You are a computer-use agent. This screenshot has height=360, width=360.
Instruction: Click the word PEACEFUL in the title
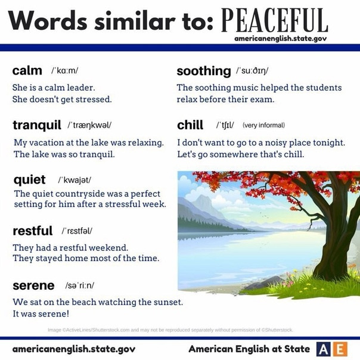click(x=275, y=20)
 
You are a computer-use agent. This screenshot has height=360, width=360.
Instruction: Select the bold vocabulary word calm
click(x=27, y=70)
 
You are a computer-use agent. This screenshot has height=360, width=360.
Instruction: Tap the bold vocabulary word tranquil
click(x=37, y=125)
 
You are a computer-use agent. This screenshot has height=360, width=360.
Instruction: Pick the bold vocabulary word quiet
click(x=29, y=180)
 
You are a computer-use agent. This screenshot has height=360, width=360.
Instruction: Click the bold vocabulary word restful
click(x=33, y=231)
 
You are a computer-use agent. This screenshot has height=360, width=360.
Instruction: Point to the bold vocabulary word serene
click(x=33, y=285)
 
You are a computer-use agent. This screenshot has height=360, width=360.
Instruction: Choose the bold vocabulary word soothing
click(x=204, y=71)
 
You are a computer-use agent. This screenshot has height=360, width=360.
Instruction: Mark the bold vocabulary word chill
click(x=190, y=125)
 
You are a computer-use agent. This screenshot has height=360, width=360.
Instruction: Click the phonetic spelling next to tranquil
click(x=89, y=125)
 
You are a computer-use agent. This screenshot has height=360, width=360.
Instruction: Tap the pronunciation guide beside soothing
click(x=252, y=71)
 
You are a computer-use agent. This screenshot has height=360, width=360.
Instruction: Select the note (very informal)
click(x=264, y=125)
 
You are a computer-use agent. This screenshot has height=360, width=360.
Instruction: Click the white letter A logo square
click(x=324, y=349)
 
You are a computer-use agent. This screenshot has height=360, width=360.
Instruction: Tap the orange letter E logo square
click(x=340, y=349)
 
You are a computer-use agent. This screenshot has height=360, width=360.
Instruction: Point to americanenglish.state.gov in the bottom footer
click(x=74, y=349)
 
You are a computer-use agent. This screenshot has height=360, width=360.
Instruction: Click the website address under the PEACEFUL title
click(x=280, y=39)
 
